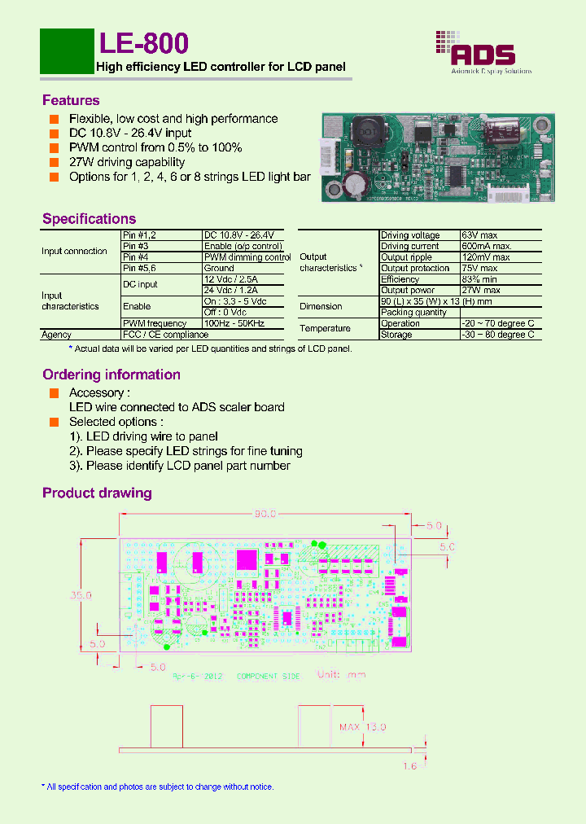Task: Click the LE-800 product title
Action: point(143,44)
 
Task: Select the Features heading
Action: point(71,100)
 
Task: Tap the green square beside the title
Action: point(67,50)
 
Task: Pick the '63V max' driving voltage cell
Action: point(478,235)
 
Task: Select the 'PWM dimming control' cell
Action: point(247,257)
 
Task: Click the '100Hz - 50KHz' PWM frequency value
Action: point(234,323)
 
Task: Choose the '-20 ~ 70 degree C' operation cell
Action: point(497,323)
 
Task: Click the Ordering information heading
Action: point(112,375)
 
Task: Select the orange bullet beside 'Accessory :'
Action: point(54,392)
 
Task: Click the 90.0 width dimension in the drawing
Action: point(265,514)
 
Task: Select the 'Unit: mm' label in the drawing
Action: point(341,674)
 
